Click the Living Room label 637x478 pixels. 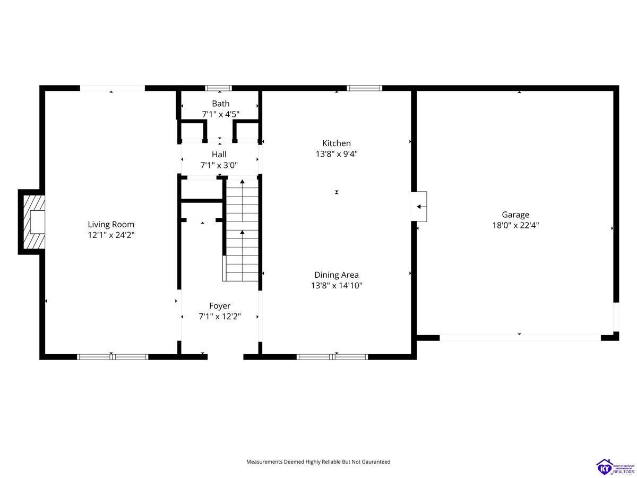(x=111, y=224)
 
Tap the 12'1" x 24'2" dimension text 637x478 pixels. (x=111, y=235)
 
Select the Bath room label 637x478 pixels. (x=220, y=104)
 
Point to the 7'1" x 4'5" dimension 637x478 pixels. (x=220, y=114)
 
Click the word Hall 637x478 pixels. (x=219, y=155)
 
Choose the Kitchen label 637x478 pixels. (x=337, y=143)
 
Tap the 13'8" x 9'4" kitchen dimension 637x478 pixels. (x=337, y=153)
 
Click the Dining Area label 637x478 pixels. (x=337, y=275)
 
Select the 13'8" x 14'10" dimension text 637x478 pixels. (x=337, y=285)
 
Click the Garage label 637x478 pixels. (x=515, y=215)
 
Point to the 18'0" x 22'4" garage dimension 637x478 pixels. (x=515, y=225)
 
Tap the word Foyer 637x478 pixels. (x=220, y=305)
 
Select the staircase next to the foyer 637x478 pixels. (x=240, y=230)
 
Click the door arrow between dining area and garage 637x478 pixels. (x=421, y=207)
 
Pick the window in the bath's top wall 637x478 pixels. (x=218, y=88)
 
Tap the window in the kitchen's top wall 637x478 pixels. (x=364, y=88)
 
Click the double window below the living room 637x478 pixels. (x=113, y=357)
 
